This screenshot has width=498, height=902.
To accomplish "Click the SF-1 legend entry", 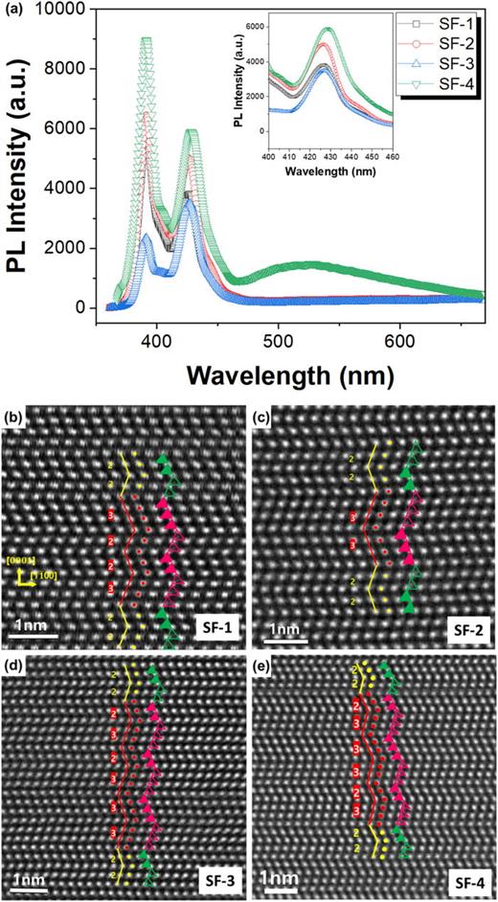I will (448, 21).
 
